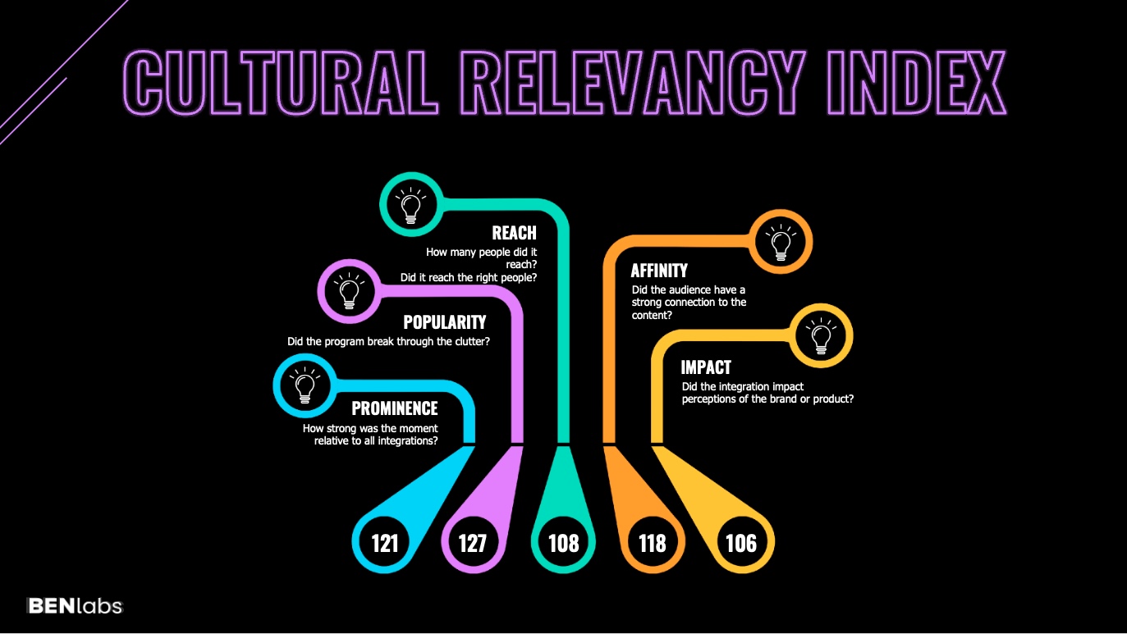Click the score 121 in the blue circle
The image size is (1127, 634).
tap(385, 543)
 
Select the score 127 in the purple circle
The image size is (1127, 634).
tap(473, 543)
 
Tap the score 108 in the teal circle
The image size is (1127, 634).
tap(563, 543)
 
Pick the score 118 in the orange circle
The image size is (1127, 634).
tap(653, 543)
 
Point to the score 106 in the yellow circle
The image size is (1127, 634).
tap(741, 543)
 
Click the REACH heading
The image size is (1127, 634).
tap(514, 234)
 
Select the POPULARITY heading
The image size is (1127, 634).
tap(444, 322)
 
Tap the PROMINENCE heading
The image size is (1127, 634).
tap(395, 408)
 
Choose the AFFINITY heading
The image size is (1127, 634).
tap(659, 271)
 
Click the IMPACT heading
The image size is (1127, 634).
tap(706, 367)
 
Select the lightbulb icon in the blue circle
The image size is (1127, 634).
tap(304, 384)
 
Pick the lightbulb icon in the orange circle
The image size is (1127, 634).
tap(781, 241)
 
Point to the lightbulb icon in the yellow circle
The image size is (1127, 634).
tap(822, 335)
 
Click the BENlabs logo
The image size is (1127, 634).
tap(75, 606)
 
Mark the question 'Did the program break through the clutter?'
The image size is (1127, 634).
tap(388, 341)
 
